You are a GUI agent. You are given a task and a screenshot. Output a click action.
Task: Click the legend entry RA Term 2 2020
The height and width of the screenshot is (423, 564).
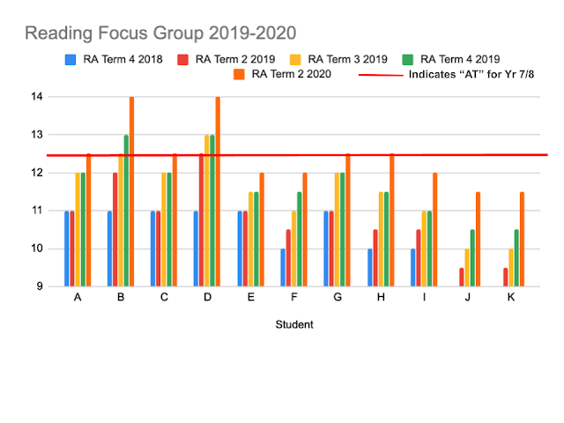click(291, 74)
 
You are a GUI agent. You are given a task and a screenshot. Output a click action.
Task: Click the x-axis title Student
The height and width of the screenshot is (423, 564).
click(294, 324)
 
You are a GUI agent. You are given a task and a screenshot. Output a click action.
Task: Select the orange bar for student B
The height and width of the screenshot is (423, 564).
click(131, 191)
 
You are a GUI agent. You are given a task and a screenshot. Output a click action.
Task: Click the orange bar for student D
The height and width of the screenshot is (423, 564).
click(218, 191)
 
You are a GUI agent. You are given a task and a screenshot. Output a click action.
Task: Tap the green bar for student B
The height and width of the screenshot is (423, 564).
click(126, 211)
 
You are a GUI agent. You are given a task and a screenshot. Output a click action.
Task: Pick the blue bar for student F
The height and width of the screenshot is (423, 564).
click(283, 267)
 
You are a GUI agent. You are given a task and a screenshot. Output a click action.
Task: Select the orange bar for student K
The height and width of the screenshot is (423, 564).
click(522, 239)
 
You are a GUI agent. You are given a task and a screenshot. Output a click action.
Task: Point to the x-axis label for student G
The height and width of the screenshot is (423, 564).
click(337, 298)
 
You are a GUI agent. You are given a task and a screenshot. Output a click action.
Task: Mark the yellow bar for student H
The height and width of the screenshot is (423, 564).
click(380, 239)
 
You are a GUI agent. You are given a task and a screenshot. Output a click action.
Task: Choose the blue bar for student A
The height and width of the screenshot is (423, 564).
click(66, 249)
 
